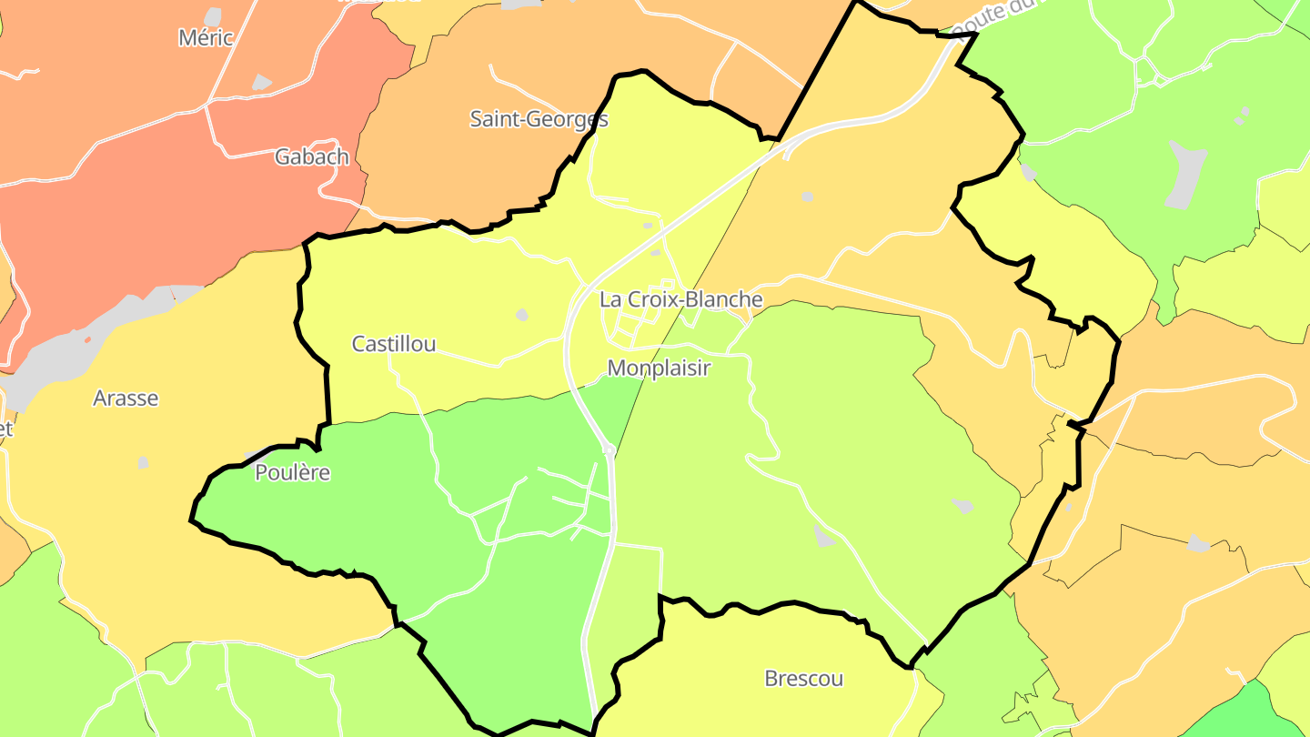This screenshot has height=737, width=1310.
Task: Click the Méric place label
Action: [x=207, y=38]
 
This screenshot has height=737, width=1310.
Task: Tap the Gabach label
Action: [x=312, y=156]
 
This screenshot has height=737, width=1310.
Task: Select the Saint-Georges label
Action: [x=539, y=118]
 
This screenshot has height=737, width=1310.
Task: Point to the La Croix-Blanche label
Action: [x=680, y=299]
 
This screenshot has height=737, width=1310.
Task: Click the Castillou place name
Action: [x=394, y=344]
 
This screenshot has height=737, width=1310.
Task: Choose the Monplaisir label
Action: [x=658, y=368]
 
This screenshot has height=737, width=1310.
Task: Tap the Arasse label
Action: [x=126, y=398]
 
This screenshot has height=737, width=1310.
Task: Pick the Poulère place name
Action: [x=292, y=473]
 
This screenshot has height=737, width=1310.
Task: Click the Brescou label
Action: [x=803, y=679]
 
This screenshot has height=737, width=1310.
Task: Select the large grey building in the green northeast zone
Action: [x=1185, y=173]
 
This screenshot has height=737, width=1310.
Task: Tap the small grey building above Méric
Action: [x=213, y=16]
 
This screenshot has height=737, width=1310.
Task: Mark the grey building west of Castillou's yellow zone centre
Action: [x=522, y=315]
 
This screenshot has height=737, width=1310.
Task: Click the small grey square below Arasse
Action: [x=144, y=462]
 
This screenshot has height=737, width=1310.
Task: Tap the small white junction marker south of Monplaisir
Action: [x=608, y=449]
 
